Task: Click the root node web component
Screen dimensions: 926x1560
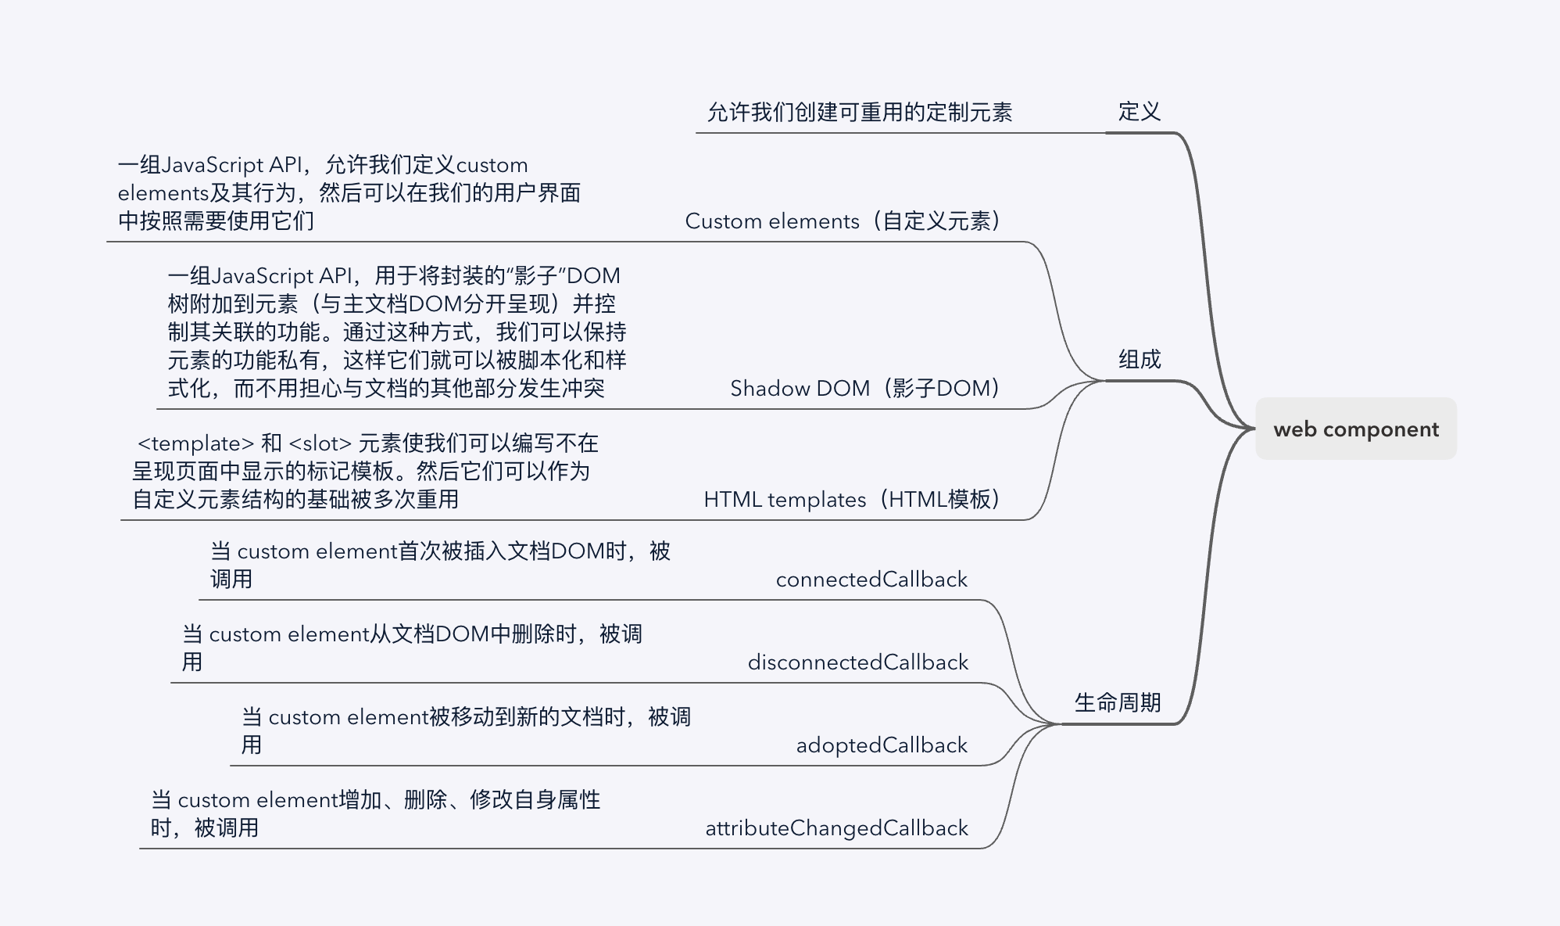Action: coord(1355,429)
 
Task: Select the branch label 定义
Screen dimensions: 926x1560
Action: coord(1139,112)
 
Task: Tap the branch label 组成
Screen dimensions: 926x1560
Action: coord(1139,360)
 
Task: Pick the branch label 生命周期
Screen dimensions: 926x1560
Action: coord(1117,703)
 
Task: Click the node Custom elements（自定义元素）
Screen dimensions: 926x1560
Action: coord(843,221)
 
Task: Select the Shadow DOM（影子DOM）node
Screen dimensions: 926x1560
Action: coord(865,389)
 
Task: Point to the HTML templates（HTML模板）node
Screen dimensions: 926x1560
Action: coord(852,500)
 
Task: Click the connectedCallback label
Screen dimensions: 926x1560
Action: coord(871,580)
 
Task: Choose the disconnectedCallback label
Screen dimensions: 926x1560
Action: coord(857,662)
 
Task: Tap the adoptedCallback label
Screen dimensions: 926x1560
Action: coord(882,745)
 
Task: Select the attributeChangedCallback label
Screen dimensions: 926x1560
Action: coord(836,828)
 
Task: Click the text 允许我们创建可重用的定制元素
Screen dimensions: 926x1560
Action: coord(859,113)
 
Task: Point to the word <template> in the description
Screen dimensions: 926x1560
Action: coord(195,443)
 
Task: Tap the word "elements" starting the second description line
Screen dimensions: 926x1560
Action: coord(163,193)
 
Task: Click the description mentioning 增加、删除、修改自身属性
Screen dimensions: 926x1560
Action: coord(375,813)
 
